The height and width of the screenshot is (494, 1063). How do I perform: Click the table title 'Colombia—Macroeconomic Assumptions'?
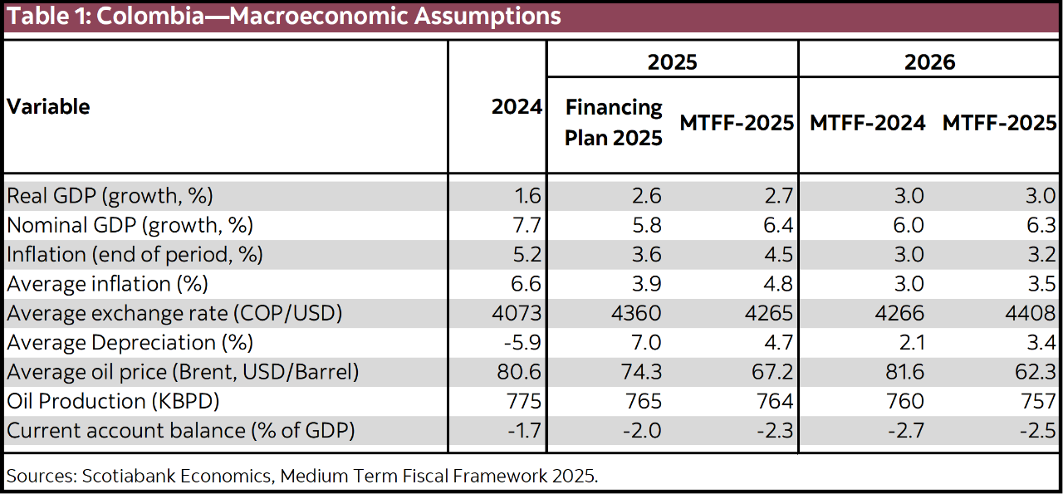(x=329, y=16)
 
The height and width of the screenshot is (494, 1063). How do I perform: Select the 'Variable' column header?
(x=48, y=106)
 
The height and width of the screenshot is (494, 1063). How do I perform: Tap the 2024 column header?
(x=517, y=106)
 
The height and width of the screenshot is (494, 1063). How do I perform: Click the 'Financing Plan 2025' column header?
(x=614, y=122)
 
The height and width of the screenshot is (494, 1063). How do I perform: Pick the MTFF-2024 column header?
(x=867, y=123)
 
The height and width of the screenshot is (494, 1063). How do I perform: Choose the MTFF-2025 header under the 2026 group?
(x=999, y=123)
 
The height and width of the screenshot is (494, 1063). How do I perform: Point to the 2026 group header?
(x=929, y=62)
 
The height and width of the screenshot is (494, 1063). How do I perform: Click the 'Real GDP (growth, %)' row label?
(x=110, y=196)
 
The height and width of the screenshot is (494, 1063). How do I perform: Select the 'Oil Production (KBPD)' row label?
(x=114, y=401)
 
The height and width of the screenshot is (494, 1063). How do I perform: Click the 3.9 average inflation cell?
(x=646, y=284)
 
